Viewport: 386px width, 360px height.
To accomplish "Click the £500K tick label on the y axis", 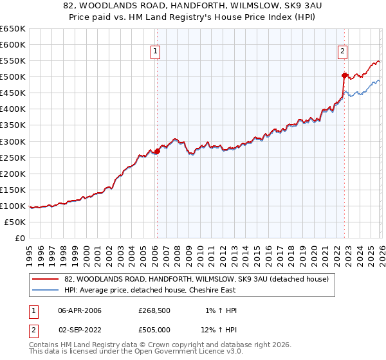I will click(13, 77).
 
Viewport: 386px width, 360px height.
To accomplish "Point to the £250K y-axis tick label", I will click(13, 157).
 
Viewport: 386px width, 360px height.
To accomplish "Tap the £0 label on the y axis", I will click(19, 238).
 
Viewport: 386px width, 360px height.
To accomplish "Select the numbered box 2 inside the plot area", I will click(343, 52).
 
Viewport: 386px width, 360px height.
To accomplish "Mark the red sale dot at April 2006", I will click(157, 152).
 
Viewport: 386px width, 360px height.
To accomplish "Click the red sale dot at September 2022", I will click(344, 75).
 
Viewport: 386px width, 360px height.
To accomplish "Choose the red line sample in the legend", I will click(46, 279).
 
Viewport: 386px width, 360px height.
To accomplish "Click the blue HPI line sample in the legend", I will click(46, 290).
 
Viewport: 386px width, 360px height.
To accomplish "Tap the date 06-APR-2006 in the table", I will click(80, 310).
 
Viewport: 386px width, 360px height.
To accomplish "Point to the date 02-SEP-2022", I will click(80, 330).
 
